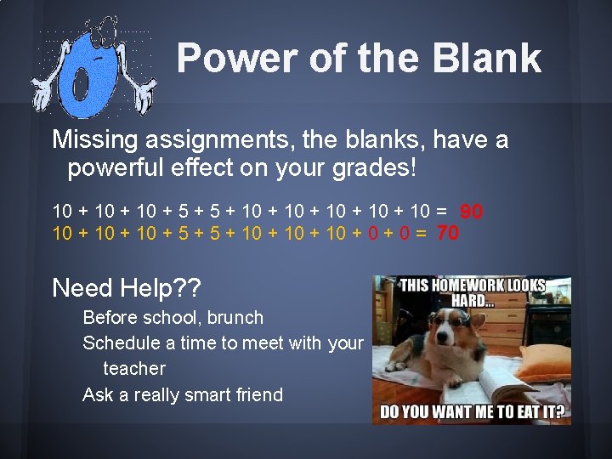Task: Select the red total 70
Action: pyautogui.click(x=447, y=232)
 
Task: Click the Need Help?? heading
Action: pyautogui.click(x=127, y=288)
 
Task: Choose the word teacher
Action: pyautogui.click(x=133, y=369)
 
